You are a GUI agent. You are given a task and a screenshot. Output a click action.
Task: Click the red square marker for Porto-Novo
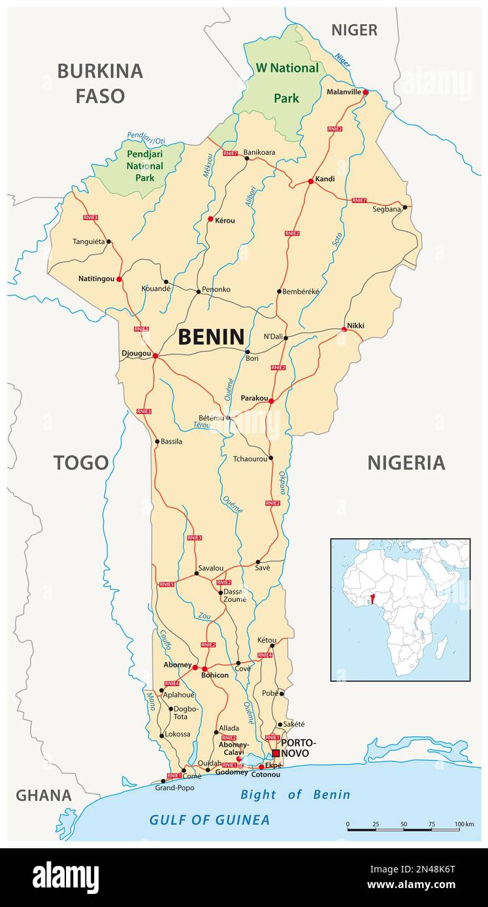(276, 752)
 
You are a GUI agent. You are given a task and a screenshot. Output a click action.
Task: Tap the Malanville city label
(344, 92)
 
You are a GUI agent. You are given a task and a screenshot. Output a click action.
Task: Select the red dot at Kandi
(311, 181)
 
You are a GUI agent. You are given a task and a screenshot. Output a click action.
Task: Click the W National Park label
(286, 82)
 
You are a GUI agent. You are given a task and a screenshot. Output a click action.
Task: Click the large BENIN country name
(211, 337)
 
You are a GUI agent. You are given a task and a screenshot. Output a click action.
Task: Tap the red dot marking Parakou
(271, 401)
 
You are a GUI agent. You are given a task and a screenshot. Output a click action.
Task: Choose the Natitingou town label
(96, 279)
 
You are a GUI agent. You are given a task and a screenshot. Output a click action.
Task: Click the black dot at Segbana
(405, 208)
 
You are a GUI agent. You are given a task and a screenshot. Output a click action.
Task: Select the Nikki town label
(355, 325)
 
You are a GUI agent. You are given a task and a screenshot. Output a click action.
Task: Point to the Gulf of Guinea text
(209, 820)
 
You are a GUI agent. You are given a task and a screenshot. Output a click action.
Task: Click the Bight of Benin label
(295, 794)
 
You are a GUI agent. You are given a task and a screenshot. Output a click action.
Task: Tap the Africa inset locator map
(400, 609)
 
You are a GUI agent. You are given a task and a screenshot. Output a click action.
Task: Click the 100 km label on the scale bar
(464, 824)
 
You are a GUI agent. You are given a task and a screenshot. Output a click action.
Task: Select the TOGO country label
(81, 463)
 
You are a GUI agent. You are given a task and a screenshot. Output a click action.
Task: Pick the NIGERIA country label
(406, 463)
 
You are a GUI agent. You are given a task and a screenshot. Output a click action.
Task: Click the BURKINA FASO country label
(100, 83)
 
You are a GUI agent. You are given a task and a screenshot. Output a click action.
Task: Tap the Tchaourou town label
(250, 459)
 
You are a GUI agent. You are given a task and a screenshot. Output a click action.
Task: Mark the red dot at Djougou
(155, 356)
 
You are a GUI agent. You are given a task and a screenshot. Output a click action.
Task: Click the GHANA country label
(44, 795)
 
